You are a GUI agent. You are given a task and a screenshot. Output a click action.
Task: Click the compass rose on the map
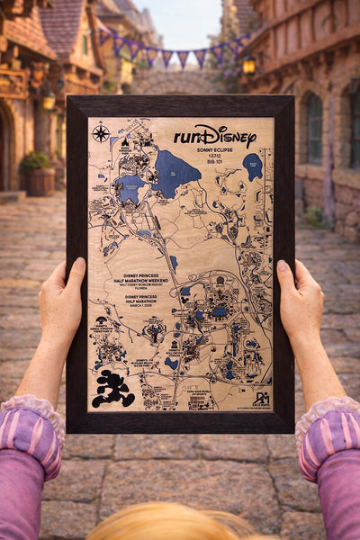click(x=101, y=134)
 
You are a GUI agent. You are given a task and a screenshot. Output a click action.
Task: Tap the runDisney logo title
click(x=214, y=136)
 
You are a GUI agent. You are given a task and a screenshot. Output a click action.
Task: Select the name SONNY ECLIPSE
click(x=215, y=152)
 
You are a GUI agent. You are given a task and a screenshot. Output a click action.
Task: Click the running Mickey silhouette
click(x=115, y=388)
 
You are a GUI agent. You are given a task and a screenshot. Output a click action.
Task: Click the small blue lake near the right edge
click(x=253, y=166)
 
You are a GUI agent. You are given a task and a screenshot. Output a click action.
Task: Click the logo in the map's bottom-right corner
click(x=260, y=397)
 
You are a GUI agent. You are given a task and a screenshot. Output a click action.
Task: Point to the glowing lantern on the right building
click(x=248, y=65)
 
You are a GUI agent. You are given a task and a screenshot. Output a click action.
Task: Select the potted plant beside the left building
click(x=38, y=173)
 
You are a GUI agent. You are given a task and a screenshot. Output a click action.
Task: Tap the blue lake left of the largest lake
click(x=130, y=188)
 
